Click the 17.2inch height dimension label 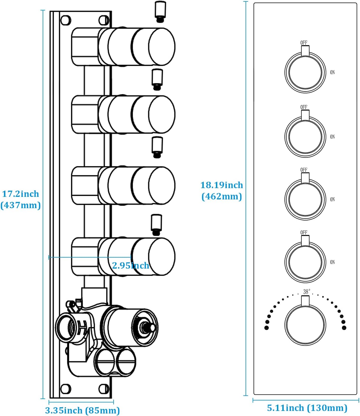(21, 194)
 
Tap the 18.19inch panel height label (222, 185)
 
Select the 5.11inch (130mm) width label (307, 408)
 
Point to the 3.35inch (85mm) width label (82, 410)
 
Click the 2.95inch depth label (131, 265)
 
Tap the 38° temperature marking (307, 292)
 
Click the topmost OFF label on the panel (304, 43)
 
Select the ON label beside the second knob (332, 137)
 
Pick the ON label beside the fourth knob (332, 262)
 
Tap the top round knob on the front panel (305, 72)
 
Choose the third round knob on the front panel (305, 199)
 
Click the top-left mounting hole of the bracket (66, 20)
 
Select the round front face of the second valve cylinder (162, 114)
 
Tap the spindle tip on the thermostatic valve (152, 328)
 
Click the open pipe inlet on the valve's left (65, 328)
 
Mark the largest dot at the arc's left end (266, 328)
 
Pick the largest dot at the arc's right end (344, 328)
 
